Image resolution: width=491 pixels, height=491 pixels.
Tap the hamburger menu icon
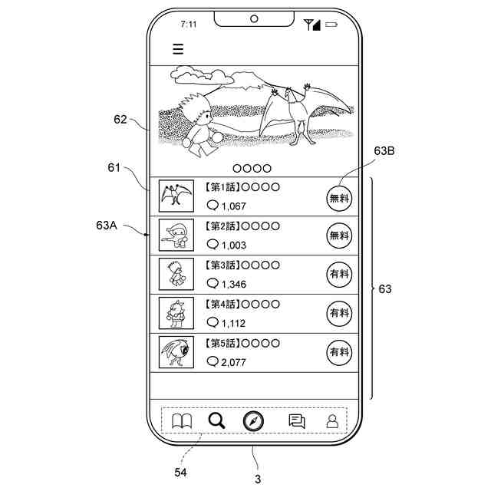pos(178,49)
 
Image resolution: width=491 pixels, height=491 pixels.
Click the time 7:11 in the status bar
pos(189,25)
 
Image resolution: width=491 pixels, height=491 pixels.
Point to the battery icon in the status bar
pos(331,25)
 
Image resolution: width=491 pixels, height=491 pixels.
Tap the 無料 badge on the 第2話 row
pos(339,236)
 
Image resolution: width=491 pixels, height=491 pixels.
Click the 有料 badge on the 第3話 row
pos(339,274)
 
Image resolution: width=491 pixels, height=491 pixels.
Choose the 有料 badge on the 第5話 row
pos(339,352)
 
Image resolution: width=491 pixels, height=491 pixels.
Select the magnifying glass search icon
pos(216,420)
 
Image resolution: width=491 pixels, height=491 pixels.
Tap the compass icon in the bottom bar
pos(254,420)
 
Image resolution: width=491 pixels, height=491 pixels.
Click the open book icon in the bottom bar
pos(181,420)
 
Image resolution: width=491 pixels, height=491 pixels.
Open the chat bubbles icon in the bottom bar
pos(297,420)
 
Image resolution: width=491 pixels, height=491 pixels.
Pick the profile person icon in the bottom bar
pos(332,420)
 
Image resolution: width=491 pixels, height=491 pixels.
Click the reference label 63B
pos(384,152)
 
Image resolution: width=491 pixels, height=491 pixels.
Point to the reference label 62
pos(120,119)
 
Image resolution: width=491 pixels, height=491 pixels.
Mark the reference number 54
pos(180,471)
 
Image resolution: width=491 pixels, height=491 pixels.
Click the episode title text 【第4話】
pos(223,304)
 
